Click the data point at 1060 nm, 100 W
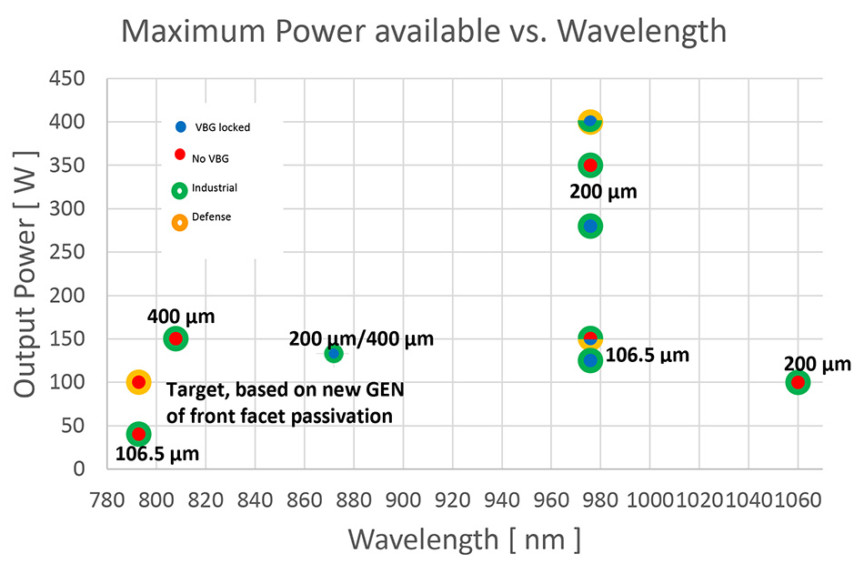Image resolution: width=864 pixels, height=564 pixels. tap(798, 382)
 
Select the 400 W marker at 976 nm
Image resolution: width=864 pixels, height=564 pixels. tap(590, 121)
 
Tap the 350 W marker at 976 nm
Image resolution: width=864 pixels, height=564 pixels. tap(590, 165)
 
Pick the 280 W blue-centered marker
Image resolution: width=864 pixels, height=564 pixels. tap(590, 226)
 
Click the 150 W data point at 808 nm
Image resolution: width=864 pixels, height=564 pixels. tap(176, 338)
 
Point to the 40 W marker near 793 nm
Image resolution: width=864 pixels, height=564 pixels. tap(138, 434)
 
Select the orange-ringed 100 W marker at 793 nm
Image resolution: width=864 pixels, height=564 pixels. tap(138, 382)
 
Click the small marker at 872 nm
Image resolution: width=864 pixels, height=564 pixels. tap(334, 353)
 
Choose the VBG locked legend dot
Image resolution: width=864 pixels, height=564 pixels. tap(180, 126)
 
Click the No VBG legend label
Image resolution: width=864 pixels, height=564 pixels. tap(210, 158)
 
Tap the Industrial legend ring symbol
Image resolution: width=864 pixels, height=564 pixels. tap(180, 190)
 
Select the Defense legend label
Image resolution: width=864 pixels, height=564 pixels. tap(211, 217)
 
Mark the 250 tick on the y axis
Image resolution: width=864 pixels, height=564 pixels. tap(67, 252)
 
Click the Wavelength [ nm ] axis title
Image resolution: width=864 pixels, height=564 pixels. tap(464, 539)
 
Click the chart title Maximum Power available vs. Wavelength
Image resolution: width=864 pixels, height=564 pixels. tap(424, 31)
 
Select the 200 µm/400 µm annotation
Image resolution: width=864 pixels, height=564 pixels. tap(361, 339)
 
